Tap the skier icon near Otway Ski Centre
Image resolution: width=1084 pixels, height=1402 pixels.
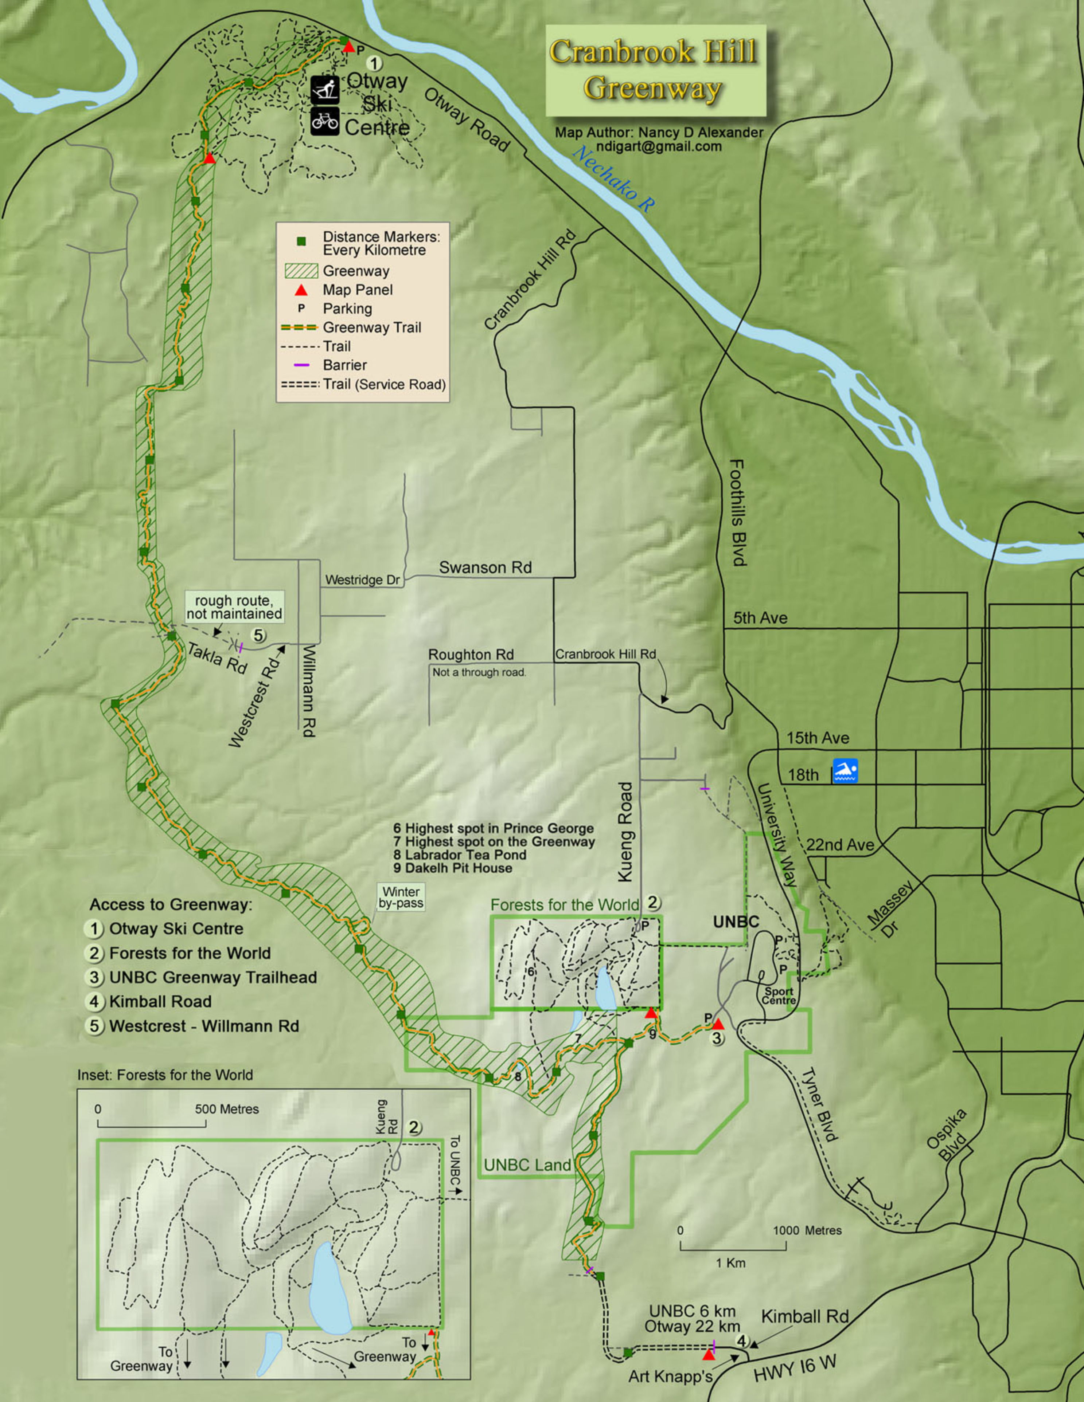tap(325, 90)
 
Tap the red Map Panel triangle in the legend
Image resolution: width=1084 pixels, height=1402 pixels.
tap(301, 290)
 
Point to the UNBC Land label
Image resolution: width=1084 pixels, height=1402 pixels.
tap(527, 1165)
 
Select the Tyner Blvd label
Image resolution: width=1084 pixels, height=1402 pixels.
tap(819, 1104)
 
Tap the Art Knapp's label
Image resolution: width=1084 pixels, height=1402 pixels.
tap(670, 1377)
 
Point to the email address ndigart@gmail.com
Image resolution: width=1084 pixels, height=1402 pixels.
tap(659, 146)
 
